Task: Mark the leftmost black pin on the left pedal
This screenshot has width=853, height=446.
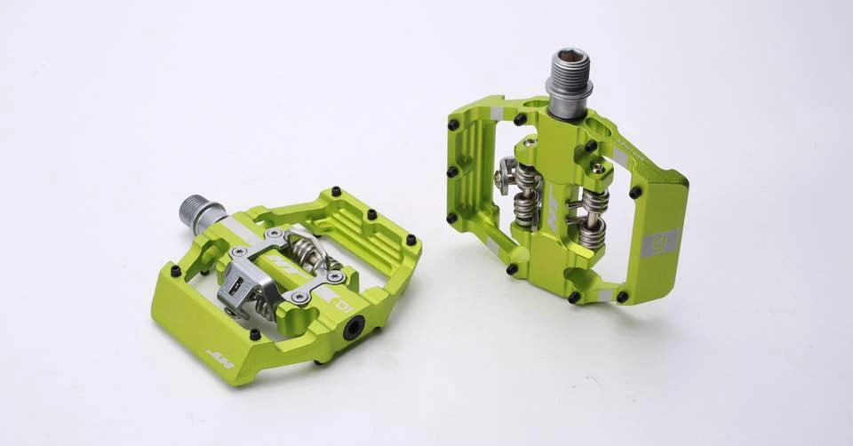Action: coord(175,270)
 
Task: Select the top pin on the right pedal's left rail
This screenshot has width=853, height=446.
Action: coord(454,125)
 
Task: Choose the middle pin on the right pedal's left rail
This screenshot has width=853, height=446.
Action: coord(452,171)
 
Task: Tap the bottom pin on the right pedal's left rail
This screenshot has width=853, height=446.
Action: coord(451,217)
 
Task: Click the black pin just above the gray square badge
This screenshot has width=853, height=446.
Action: coord(635,192)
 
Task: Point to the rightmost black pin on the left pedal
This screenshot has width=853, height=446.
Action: coord(411,239)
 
